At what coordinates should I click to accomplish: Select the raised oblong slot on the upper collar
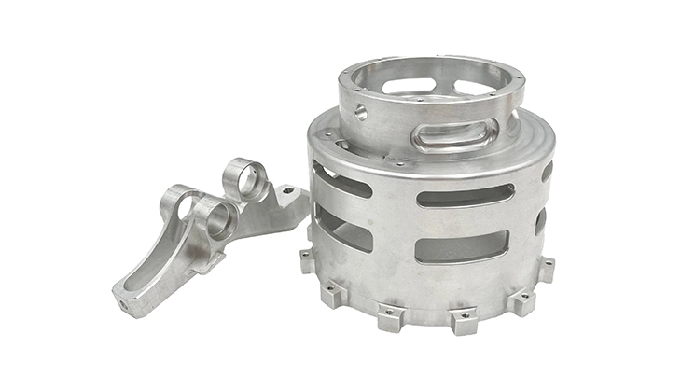[454, 136]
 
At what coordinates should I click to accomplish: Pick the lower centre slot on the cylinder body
[461, 246]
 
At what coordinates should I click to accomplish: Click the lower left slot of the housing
[342, 228]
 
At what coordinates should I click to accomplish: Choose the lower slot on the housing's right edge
[541, 220]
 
